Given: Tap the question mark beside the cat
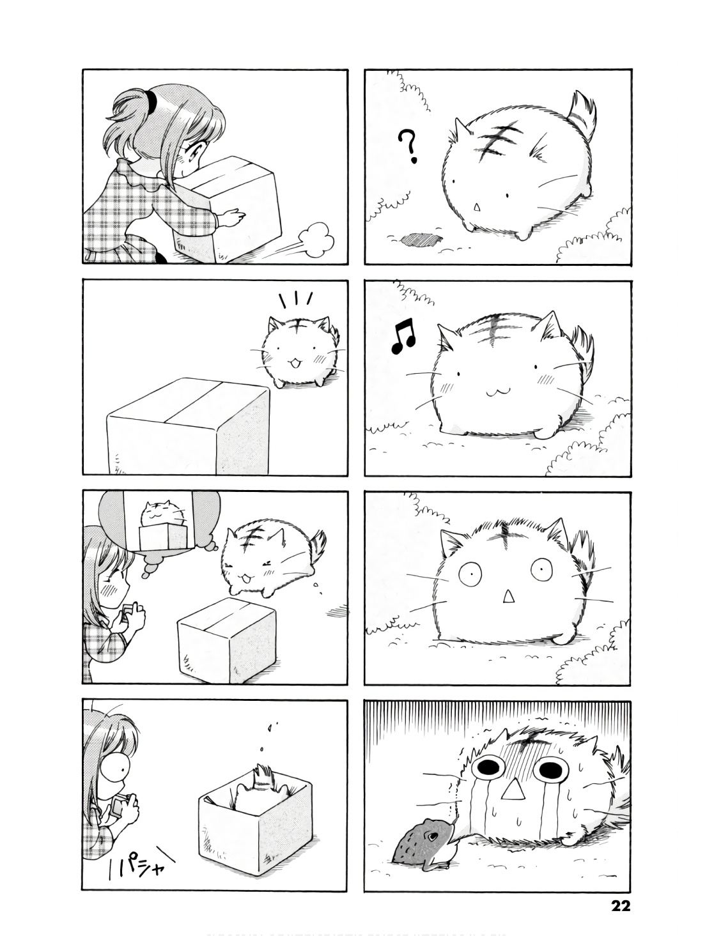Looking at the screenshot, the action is click(x=408, y=148).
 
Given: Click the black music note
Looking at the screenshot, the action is click(x=403, y=337).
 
